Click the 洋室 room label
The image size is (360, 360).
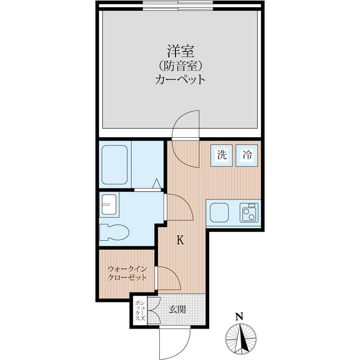tap(181, 51)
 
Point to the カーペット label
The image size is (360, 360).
tap(180, 80)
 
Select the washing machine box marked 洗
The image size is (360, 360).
tap(222, 155)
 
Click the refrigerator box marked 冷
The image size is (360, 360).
tap(247, 155)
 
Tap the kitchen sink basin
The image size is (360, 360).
tap(219, 213)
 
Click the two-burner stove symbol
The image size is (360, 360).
tap(249, 213)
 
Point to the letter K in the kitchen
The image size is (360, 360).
tap(180, 240)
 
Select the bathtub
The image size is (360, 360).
tap(114, 165)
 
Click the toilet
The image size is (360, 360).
tap(114, 232)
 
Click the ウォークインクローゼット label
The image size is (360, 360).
tap(127, 273)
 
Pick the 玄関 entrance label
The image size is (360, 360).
tap(177, 310)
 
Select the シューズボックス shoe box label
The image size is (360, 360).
tap(141, 310)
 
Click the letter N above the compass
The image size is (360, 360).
tap(240, 317)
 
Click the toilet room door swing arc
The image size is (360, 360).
tap(187, 201)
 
